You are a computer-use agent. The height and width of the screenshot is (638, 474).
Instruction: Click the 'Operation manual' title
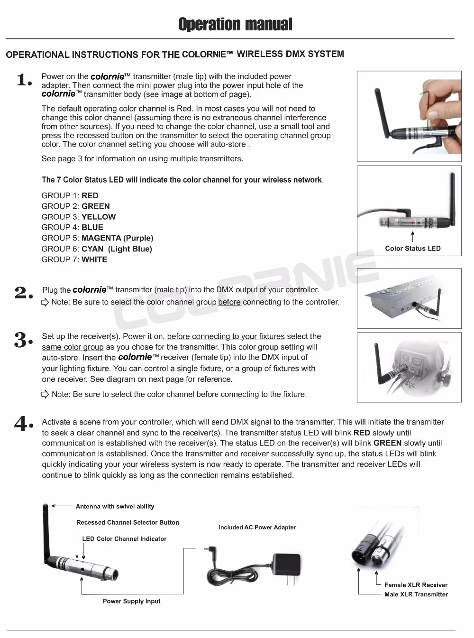tap(235, 24)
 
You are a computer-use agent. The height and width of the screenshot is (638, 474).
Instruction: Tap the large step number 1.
tap(24, 80)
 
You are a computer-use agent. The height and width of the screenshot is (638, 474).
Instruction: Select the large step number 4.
tap(23, 423)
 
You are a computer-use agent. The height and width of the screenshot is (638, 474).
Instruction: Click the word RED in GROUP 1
tap(90, 195)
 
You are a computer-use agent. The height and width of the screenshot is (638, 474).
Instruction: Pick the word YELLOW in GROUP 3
tap(99, 217)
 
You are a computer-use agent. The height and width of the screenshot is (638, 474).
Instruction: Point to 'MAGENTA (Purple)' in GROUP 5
tap(117, 238)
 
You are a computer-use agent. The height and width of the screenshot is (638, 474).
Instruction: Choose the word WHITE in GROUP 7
tap(94, 259)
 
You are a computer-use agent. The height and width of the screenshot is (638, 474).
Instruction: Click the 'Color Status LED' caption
tap(412, 249)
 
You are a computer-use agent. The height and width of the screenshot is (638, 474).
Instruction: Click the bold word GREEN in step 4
tap(387, 443)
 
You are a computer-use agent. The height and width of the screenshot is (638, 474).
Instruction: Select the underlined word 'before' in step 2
tap(229, 302)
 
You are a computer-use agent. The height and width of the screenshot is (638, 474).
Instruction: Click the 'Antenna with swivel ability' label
tap(115, 507)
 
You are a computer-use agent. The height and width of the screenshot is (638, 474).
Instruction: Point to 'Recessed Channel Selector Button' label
tap(128, 523)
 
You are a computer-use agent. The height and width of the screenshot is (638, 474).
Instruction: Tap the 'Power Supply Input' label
tap(131, 601)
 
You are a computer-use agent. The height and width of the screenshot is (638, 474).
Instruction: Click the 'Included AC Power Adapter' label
tap(257, 527)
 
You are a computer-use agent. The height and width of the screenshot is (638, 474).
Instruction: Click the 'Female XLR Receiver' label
tap(416, 585)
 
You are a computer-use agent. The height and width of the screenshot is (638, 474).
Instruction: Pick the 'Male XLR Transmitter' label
tap(416, 595)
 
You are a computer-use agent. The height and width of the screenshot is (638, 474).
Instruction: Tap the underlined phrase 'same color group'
tap(73, 347)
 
